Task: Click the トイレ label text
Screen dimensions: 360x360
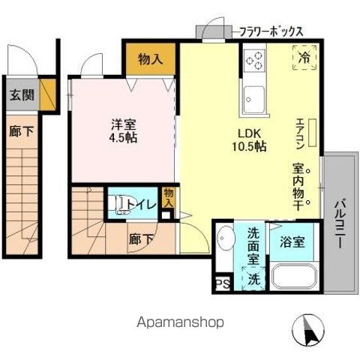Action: coord(144,204)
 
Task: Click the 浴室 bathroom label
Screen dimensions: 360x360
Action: coord(292,242)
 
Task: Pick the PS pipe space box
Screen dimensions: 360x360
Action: coord(223,283)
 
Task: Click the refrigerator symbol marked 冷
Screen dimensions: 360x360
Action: coord(304,57)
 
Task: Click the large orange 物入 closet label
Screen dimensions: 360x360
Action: coord(151,58)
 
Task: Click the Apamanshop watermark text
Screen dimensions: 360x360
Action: coord(179,322)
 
